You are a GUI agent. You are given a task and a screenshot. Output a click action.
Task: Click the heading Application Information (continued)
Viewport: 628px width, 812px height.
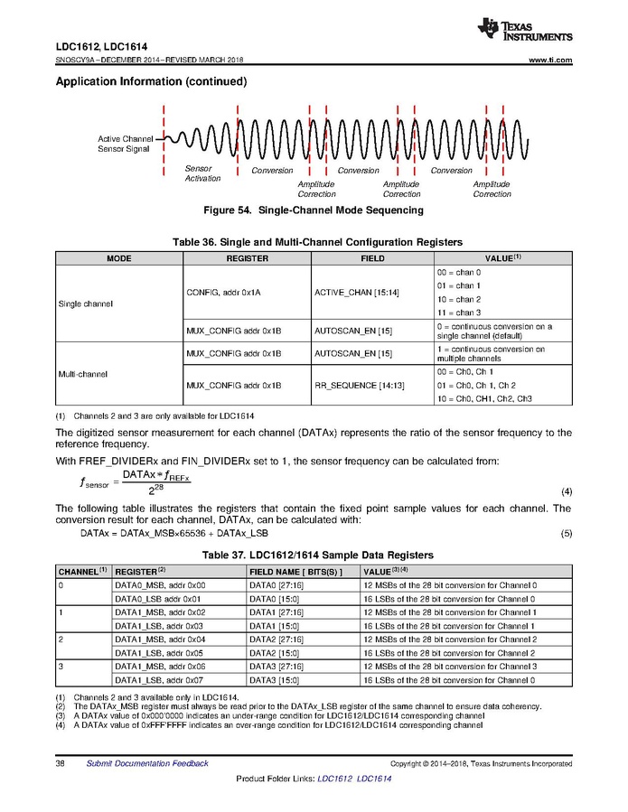[x=152, y=82]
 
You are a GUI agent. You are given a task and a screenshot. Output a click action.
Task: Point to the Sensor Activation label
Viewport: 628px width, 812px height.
[x=202, y=173]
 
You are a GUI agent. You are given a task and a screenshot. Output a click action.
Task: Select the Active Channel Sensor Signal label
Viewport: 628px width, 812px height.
[x=124, y=144]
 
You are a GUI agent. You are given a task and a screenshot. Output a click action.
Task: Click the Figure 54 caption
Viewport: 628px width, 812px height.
[x=314, y=210]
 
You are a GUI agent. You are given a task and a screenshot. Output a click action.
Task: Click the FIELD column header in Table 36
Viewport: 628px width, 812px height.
[x=372, y=258]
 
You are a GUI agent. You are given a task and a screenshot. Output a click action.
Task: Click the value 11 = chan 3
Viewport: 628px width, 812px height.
[x=458, y=313]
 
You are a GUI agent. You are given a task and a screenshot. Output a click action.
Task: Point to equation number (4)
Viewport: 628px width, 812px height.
[x=567, y=491]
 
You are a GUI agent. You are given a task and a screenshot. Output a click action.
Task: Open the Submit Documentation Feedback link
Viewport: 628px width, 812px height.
[x=147, y=763]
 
